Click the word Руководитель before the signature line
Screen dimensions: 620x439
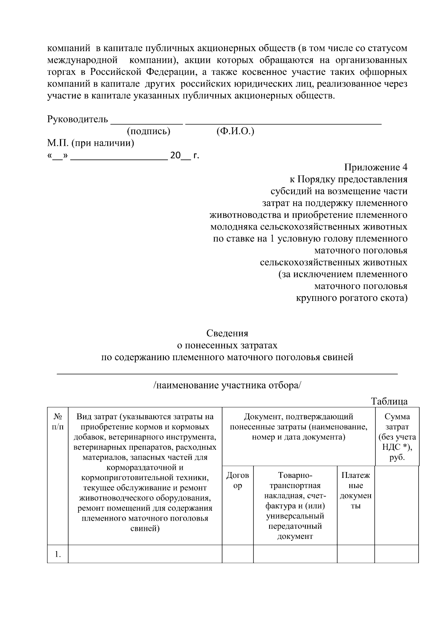click(78, 119)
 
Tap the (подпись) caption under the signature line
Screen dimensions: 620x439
click(148, 132)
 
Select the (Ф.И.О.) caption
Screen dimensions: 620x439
click(235, 132)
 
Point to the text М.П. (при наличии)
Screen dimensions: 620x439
click(90, 143)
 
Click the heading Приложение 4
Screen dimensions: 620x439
click(375, 167)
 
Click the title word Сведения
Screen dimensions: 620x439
click(227, 333)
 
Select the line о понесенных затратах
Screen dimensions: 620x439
click(227, 345)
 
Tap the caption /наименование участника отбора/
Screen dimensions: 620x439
click(227, 385)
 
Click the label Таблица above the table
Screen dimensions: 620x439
click(389, 401)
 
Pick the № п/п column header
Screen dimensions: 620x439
click(58, 422)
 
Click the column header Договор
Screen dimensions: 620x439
click(238, 480)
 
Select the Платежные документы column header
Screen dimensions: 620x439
click(356, 490)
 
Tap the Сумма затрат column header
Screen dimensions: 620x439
click(397, 437)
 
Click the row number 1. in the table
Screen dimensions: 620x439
click(58, 554)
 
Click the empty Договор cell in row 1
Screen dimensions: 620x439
click(238, 554)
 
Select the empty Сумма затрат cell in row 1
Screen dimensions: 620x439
click(397, 554)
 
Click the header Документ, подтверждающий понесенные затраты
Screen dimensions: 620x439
click(299, 427)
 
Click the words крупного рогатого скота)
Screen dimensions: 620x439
click(351, 298)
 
